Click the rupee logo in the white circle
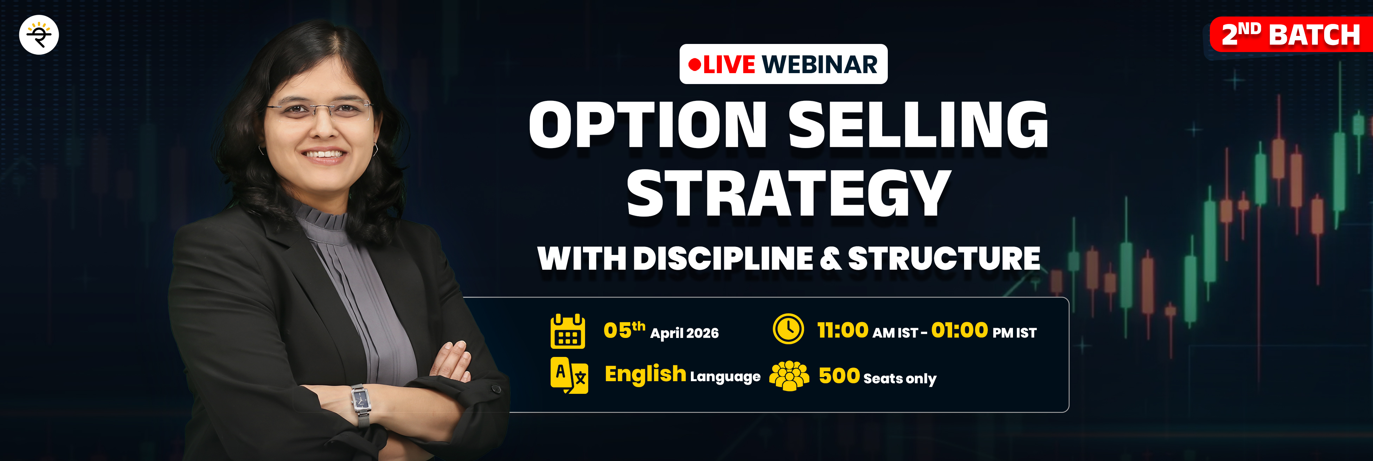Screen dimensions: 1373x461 (x=39, y=35)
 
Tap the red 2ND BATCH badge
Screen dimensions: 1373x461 (x=1291, y=35)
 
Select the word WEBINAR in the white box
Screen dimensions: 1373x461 (x=820, y=64)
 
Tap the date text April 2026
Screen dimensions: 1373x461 (x=684, y=333)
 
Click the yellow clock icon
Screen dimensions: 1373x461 (x=788, y=329)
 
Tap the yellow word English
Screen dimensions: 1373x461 (x=646, y=374)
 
